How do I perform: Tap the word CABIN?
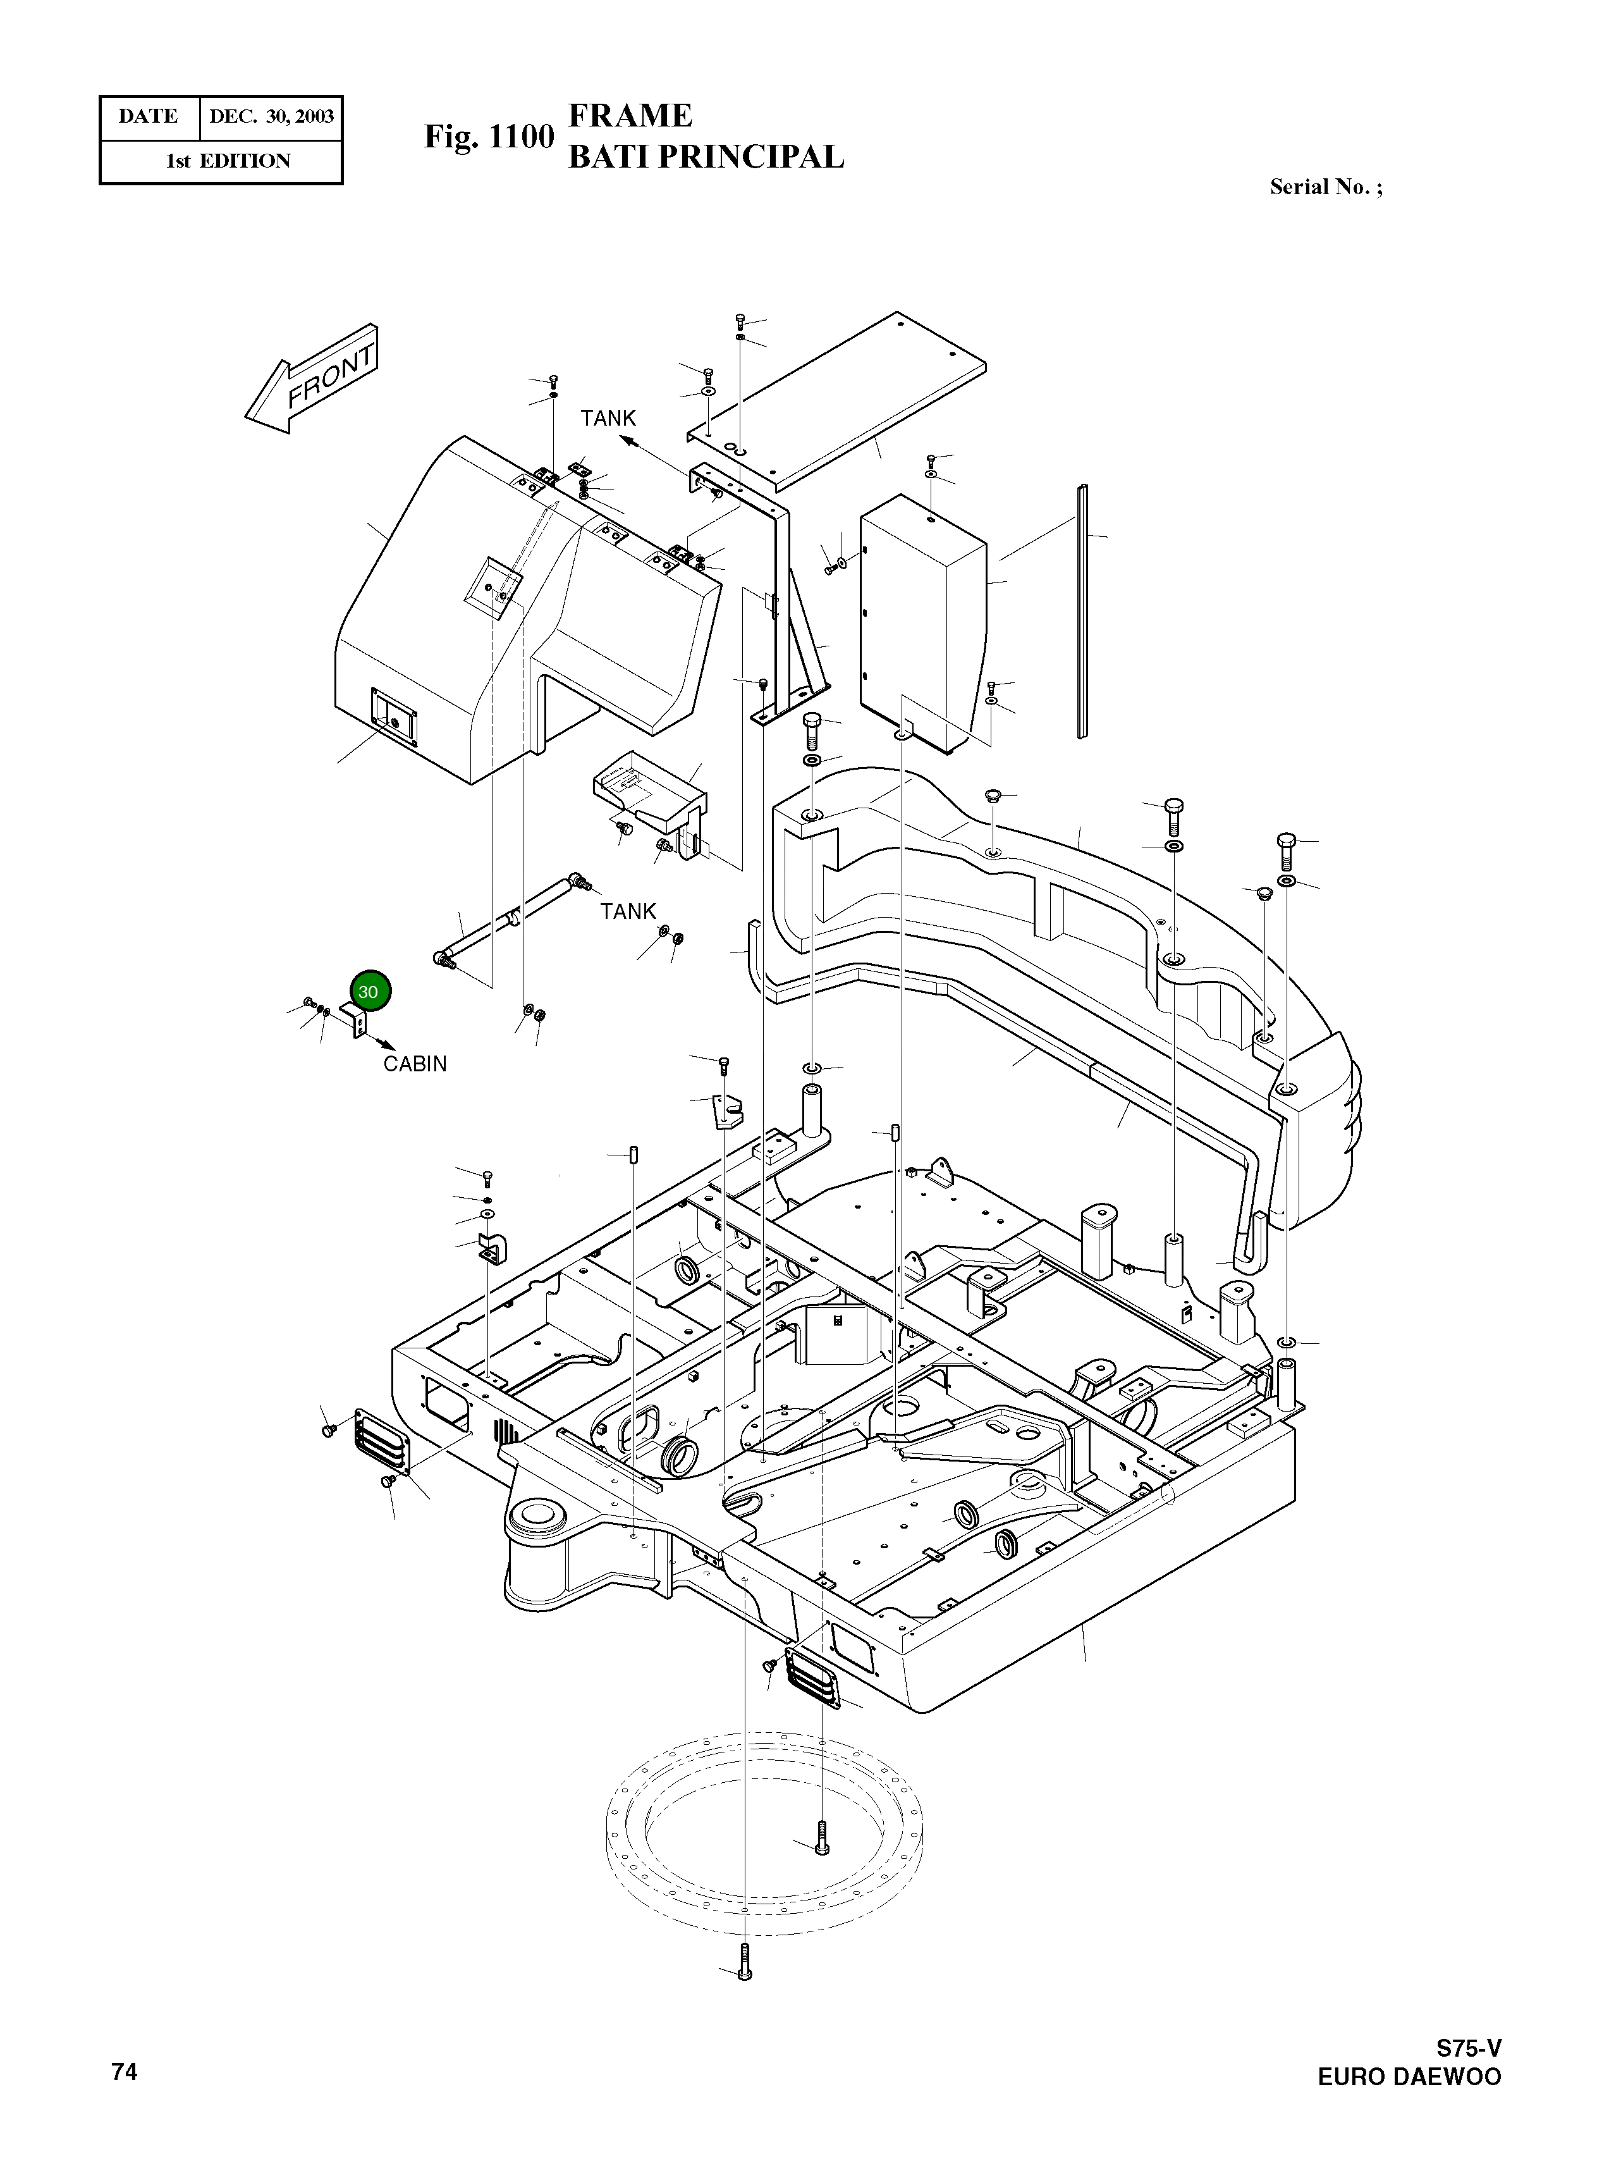click(x=415, y=1063)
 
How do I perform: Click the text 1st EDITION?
click(x=228, y=161)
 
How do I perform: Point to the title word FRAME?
click(x=630, y=116)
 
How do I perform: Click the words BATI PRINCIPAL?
click(x=706, y=157)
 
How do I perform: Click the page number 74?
click(x=124, y=2071)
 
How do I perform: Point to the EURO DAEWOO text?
click(x=1409, y=2076)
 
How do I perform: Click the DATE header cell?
click(x=148, y=117)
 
